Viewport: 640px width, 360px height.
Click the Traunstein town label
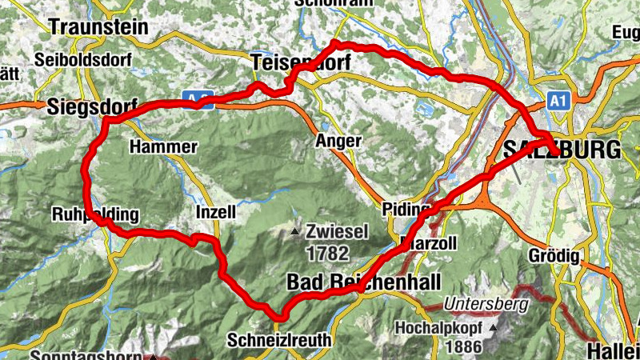pos(98,26)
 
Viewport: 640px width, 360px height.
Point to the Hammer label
pos(162,147)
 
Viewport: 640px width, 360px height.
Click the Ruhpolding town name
pos(95,215)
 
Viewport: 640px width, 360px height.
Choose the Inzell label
pos(216,213)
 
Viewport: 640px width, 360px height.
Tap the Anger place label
pos(340,141)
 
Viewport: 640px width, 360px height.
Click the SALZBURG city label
pos(562,150)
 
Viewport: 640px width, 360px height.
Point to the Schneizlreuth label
pos(279,339)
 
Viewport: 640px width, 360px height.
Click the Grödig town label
pos(553,257)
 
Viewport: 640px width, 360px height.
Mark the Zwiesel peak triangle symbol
pos(296,233)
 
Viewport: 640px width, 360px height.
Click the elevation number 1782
pos(327,254)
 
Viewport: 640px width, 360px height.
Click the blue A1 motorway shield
pos(558,101)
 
